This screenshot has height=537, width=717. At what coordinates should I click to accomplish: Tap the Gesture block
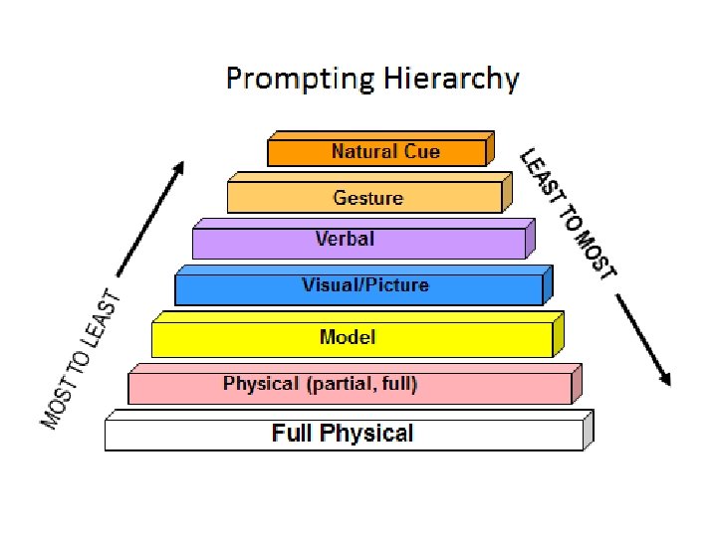(x=364, y=197)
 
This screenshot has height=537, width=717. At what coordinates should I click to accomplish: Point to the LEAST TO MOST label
(x=569, y=214)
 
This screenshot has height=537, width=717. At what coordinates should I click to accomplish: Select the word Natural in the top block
(x=363, y=152)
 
